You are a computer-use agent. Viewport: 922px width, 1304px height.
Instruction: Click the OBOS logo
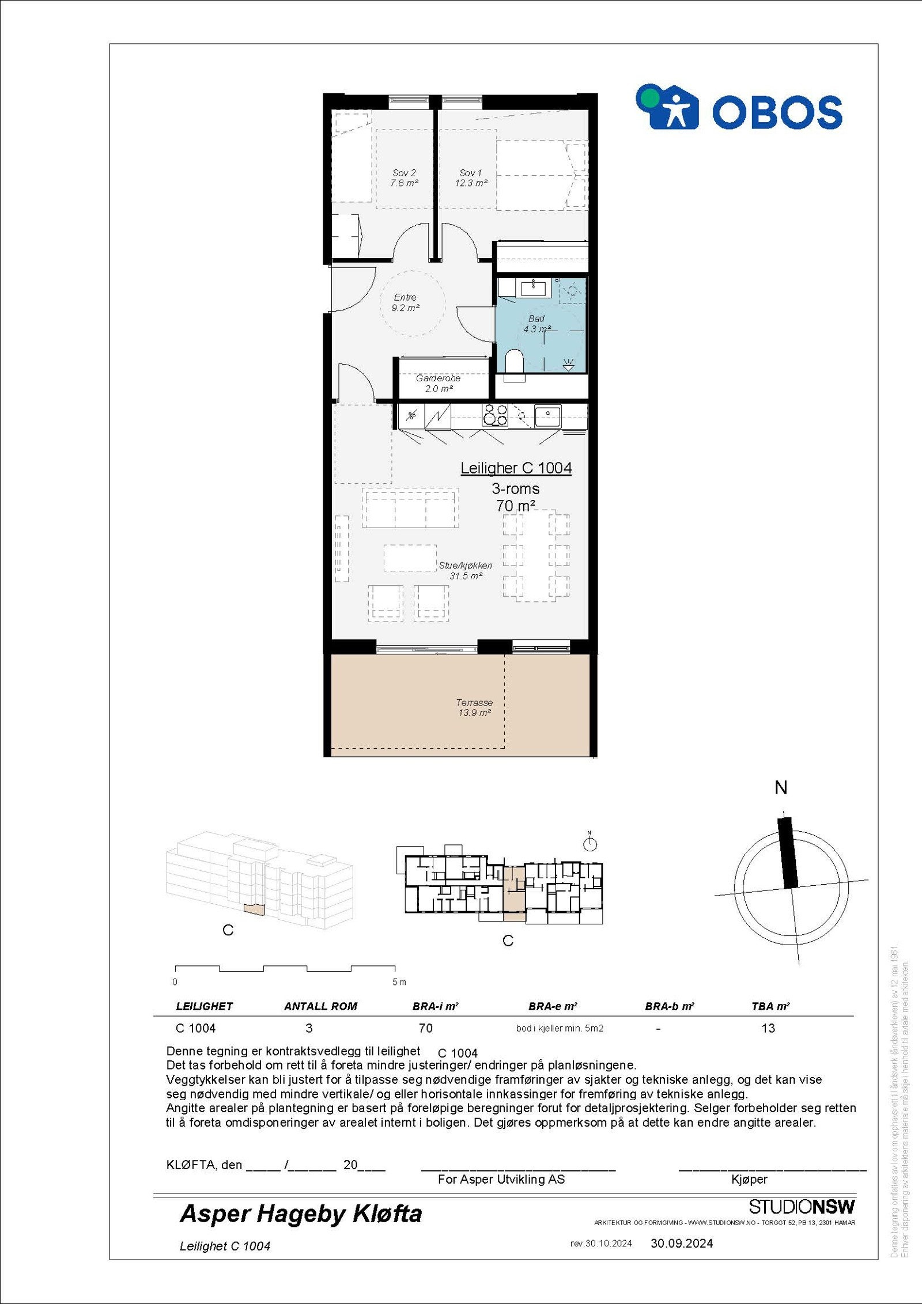click(739, 108)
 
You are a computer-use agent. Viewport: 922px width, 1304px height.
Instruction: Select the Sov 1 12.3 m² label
click(471, 178)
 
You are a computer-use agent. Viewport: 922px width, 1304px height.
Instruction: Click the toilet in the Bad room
click(514, 363)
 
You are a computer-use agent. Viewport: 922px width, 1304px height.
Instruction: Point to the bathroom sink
click(533, 287)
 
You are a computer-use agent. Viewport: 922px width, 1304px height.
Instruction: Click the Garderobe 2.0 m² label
click(438, 384)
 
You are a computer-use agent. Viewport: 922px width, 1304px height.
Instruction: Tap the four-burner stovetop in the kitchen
click(495, 415)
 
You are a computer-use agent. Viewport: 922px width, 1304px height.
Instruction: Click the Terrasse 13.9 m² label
click(474, 707)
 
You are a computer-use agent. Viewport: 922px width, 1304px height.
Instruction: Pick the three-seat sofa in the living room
click(410, 508)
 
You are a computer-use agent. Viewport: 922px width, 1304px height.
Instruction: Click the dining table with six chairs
click(536, 555)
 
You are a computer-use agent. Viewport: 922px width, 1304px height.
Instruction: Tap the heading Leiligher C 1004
click(516, 468)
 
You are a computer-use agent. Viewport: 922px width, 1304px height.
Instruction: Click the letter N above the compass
click(781, 788)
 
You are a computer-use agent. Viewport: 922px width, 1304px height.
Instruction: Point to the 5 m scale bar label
click(399, 982)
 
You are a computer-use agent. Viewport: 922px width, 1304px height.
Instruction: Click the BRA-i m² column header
click(435, 1006)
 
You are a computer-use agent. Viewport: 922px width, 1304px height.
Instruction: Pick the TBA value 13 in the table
click(768, 1028)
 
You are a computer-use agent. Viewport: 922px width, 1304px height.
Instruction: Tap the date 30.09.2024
click(682, 1244)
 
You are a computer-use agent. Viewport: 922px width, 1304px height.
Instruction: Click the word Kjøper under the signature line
click(749, 1179)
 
